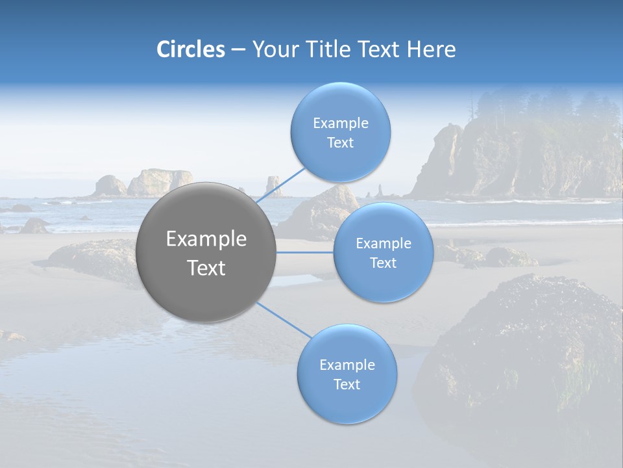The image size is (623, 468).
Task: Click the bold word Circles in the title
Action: [190, 49]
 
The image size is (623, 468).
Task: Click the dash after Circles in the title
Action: [238, 50]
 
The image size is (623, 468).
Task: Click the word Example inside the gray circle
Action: [206, 239]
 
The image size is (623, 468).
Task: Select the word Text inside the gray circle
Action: [206, 268]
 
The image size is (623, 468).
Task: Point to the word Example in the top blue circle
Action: [340, 123]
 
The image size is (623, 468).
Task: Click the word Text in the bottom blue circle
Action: [347, 384]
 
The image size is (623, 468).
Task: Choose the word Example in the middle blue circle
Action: [383, 244]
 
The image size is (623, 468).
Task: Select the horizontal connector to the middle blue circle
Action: [305, 252]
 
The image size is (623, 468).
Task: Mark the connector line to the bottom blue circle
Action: [283, 320]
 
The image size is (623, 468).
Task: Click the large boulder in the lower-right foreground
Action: [526, 344]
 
